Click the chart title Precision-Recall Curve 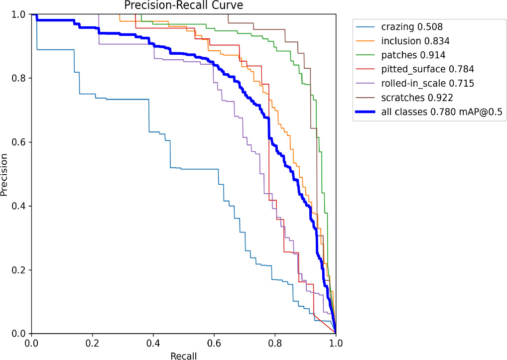pos(183,6)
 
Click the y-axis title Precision pos(5,174)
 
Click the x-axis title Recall pos(183,356)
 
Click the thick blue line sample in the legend pos(367,113)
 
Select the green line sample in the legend pos(367,55)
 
